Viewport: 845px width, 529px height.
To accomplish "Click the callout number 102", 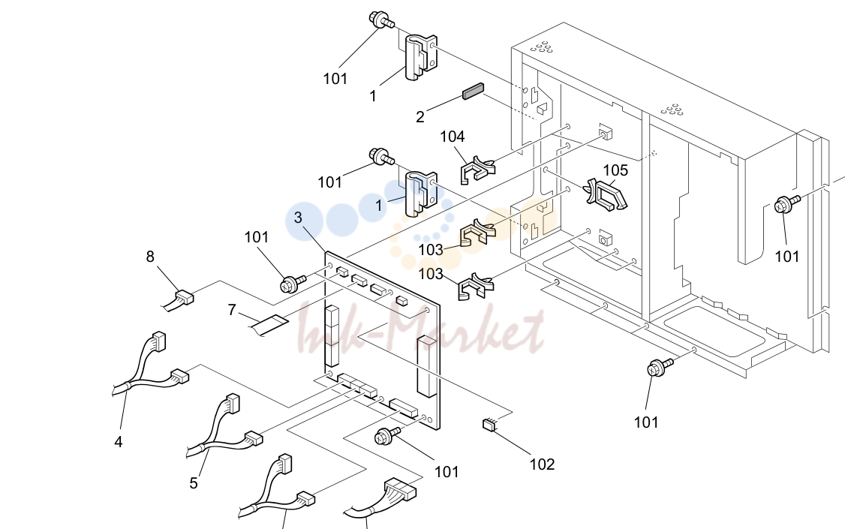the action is pyautogui.click(x=542, y=464).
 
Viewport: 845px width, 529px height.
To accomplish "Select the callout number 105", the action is pyautogui.click(x=615, y=170).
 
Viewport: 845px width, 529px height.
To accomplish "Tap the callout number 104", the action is pyautogui.click(x=452, y=137).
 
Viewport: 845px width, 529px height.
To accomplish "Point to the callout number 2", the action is pyautogui.click(x=419, y=117).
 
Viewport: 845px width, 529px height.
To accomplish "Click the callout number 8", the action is pyautogui.click(x=150, y=257).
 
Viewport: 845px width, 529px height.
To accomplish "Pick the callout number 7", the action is pyautogui.click(x=232, y=311).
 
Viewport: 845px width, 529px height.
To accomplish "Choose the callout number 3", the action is pyautogui.click(x=298, y=218).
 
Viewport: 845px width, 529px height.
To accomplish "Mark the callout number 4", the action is pyautogui.click(x=119, y=442).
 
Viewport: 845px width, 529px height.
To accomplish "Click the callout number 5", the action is pyautogui.click(x=194, y=483).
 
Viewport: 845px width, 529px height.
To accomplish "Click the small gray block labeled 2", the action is pyautogui.click(x=474, y=92).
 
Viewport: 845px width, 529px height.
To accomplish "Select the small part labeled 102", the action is pyautogui.click(x=489, y=425).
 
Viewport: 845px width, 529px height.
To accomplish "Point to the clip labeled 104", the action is pyautogui.click(x=477, y=169).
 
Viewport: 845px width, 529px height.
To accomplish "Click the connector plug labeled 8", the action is pyautogui.click(x=184, y=297).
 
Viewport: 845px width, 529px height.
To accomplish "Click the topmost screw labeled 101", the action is pyautogui.click(x=381, y=20).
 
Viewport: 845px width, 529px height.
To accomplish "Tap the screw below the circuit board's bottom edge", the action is pyautogui.click(x=387, y=435).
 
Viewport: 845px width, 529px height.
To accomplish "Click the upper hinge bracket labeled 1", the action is pyautogui.click(x=421, y=58).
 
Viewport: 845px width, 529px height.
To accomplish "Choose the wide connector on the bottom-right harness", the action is pyautogui.click(x=398, y=488).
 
